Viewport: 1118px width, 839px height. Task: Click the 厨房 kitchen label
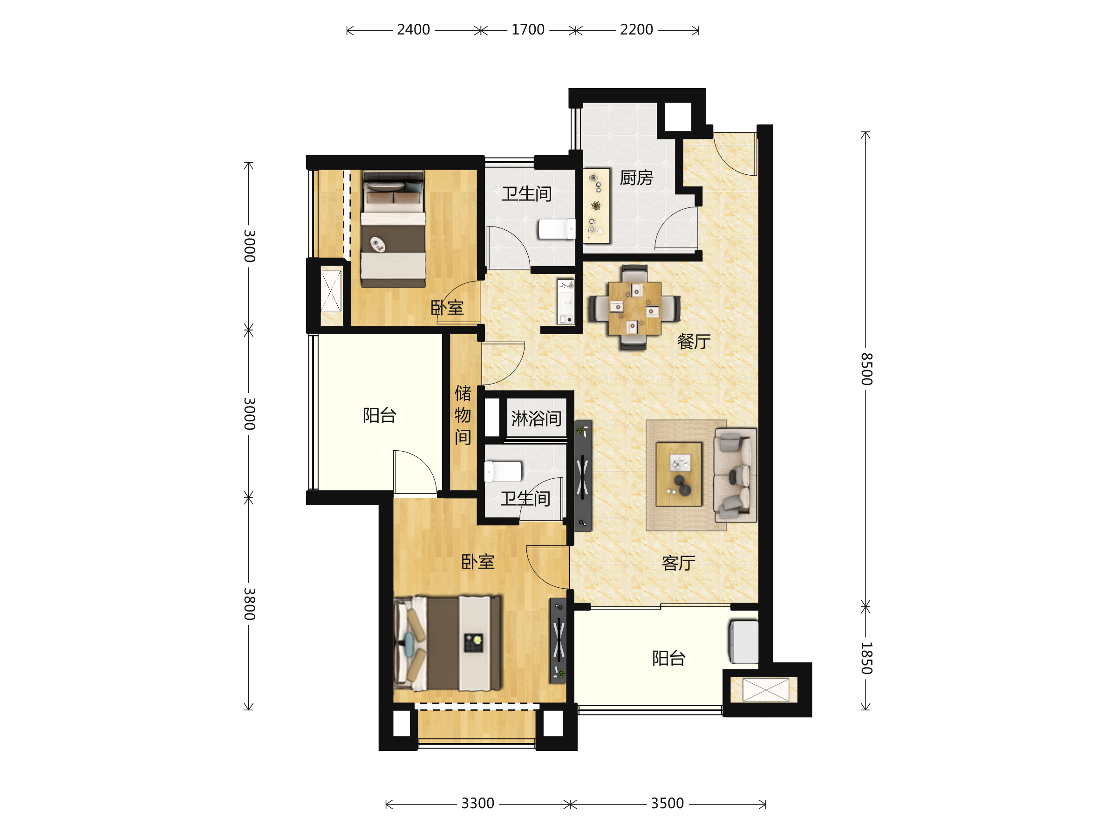pyautogui.click(x=636, y=178)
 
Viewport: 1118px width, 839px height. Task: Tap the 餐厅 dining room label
pyautogui.click(x=694, y=342)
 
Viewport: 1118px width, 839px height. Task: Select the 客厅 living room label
pyautogui.click(x=678, y=564)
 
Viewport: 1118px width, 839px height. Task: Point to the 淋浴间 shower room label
pyautogui.click(x=536, y=419)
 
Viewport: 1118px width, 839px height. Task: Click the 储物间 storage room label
pyautogui.click(x=463, y=415)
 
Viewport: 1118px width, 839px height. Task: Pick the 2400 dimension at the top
pyautogui.click(x=414, y=30)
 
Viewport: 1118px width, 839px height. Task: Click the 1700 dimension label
pyautogui.click(x=528, y=30)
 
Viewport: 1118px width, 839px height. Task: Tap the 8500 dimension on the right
pyautogui.click(x=866, y=369)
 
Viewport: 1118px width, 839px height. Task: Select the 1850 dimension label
pyautogui.click(x=866, y=659)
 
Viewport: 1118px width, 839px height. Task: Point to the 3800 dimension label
pyautogui.click(x=249, y=605)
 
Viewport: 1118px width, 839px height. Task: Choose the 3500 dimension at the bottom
pyautogui.click(x=667, y=804)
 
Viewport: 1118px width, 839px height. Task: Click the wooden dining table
pyautogui.click(x=634, y=308)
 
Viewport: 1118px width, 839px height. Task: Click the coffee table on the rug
pyautogui.click(x=678, y=475)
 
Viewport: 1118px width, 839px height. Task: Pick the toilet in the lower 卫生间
pyautogui.click(x=503, y=472)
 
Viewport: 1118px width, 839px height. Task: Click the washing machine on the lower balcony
pyautogui.click(x=743, y=642)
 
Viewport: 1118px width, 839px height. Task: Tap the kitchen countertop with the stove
pyautogui.click(x=596, y=206)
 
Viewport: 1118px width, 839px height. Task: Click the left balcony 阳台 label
pyautogui.click(x=380, y=416)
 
